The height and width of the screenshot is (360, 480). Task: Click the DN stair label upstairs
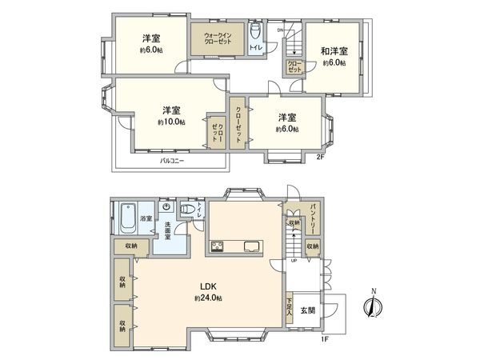[281, 30]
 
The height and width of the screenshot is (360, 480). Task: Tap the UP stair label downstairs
[294, 261]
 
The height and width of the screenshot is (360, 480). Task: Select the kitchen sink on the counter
[250, 245]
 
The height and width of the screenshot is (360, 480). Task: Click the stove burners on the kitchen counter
[215, 245]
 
